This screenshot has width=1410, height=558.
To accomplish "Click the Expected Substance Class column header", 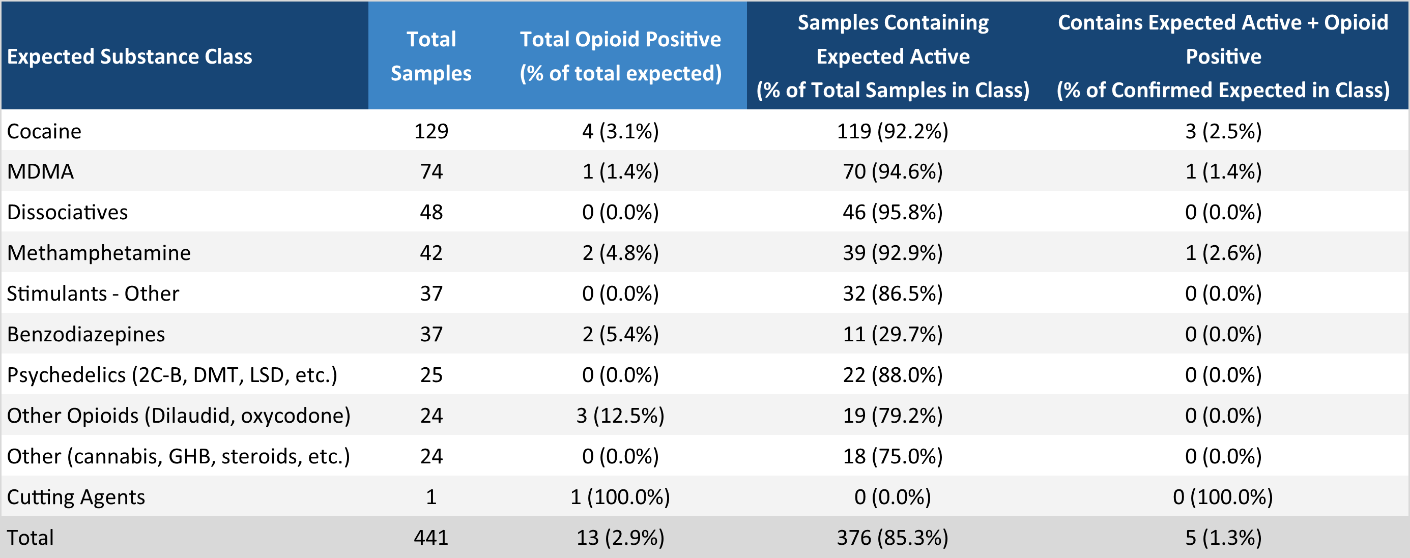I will coord(129,56).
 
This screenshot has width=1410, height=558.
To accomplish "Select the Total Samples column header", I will coord(431,56).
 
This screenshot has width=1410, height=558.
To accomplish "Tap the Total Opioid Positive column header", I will coord(620,56).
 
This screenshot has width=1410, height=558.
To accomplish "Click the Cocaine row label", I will coord(44,131).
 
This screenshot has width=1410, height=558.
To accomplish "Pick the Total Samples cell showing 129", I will coord(431,131).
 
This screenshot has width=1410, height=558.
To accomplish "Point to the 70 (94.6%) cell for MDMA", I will coord(892,172).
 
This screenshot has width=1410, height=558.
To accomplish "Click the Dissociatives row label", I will coord(67,212).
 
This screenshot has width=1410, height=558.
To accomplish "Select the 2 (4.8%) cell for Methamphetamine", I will coord(620,253).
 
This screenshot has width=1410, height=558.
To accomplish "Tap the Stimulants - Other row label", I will coord(93,294).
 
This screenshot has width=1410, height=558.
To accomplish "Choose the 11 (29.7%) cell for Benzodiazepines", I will coord(892,334).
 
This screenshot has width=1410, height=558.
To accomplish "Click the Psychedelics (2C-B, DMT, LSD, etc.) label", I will coord(172,375).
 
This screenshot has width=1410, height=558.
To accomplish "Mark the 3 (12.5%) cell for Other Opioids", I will coord(620,416).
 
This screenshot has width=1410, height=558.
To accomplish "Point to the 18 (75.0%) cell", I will coord(892,456).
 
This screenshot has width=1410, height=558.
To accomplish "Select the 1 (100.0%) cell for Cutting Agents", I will coord(620,497).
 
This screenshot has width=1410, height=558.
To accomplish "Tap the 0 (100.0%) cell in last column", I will coord(1223,497).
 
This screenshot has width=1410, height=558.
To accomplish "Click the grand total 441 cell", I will coord(431,538).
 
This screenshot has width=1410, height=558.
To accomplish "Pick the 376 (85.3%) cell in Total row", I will coord(892,538).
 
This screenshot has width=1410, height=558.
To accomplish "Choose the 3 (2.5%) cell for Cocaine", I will coord(1223,131).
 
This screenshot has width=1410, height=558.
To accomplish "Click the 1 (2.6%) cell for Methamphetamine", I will coord(1223,253).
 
